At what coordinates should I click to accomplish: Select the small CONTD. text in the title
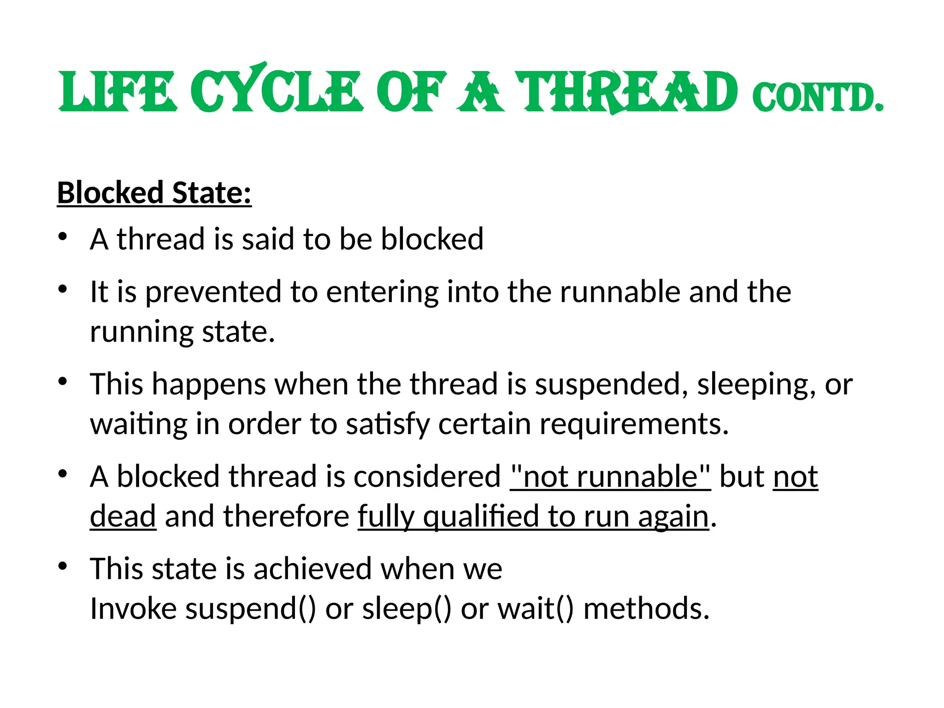click(818, 98)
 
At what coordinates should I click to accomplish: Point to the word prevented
click(213, 292)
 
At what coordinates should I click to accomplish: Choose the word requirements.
click(634, 424)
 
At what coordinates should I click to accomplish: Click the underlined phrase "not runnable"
click(610, 477)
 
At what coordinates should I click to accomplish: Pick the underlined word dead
click(123, 516)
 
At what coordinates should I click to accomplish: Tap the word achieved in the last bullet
click(313, 569)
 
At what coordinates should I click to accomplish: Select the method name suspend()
click(251, 609)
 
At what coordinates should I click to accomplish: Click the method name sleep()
click(407, 609)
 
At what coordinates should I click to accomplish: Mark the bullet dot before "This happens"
click(63, 382)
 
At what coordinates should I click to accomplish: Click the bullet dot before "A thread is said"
click(63, 237)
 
